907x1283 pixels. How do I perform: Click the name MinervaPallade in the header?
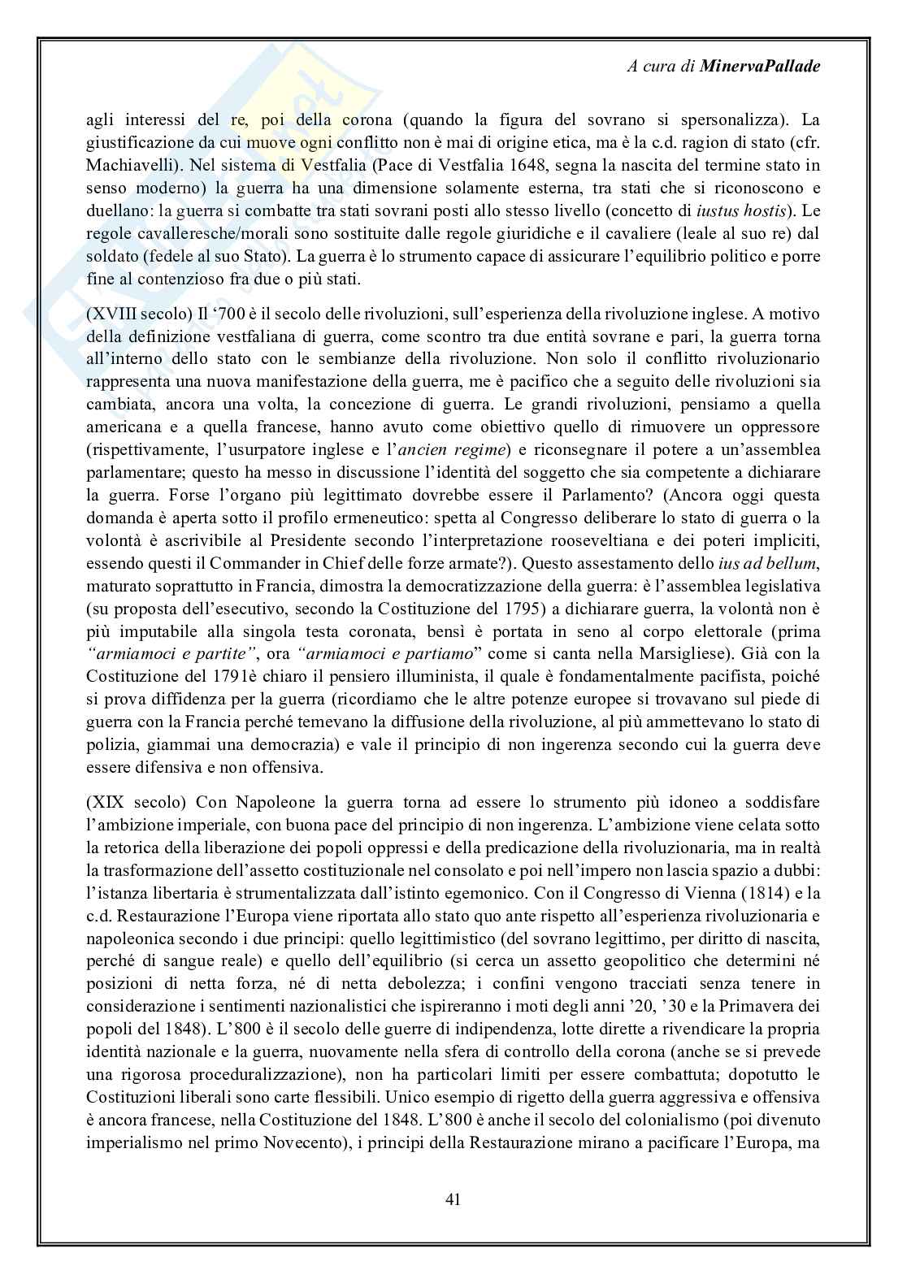[759, 67]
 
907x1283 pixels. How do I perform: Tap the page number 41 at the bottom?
[453, 1198]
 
